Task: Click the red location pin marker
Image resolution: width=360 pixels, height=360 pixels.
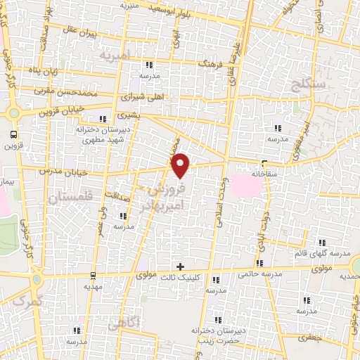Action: pyautogui.click(x=181, y=165)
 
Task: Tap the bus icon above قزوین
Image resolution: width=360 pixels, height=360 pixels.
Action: pyautogui.click(x=13, y=134)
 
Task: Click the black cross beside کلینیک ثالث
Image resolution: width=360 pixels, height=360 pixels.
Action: pyautogui.click(x=181, y=266)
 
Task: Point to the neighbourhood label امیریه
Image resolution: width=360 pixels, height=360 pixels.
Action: pyautogui.click(x=116, y=54)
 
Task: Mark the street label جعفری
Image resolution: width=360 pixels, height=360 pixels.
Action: pyautogui.click(x=311, y=337)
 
